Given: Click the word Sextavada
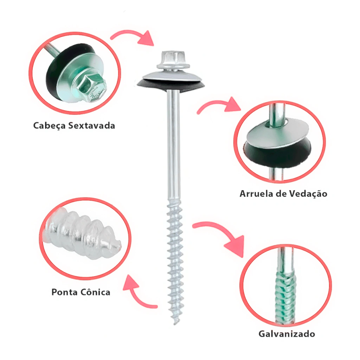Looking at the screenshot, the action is [92, 126].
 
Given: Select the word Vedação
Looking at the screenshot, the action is [308, 194].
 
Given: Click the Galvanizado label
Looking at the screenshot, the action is [287, 334].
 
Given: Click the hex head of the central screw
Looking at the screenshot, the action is [173, 60].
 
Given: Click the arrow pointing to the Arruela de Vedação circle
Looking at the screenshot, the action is [218, 105].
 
